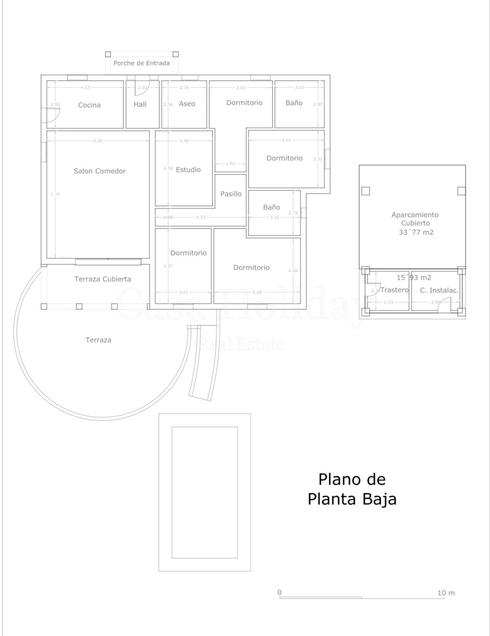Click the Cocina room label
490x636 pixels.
coord(89,105)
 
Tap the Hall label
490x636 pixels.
coord(140,104)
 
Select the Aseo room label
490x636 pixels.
coord(187,104)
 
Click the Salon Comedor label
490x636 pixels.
coord(99,171)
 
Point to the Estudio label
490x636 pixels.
coord(188,170)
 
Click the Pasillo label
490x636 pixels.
coord(231,194)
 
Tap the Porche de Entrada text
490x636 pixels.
coord(142,63)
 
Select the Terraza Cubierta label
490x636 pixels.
coord(103,279)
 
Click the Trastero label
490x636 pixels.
coord(394,290)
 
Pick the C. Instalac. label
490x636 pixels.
coord(439,290)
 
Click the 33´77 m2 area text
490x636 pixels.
coord(416,232)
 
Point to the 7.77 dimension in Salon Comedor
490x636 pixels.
coord(55,194)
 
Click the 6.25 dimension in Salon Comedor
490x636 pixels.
coord(98,141)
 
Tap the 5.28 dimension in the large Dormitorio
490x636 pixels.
coord(257,292)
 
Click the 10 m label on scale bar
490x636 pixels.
coord(446,593)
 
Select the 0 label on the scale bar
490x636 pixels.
coord(280,592)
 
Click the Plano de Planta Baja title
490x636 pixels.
coord(352,489)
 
